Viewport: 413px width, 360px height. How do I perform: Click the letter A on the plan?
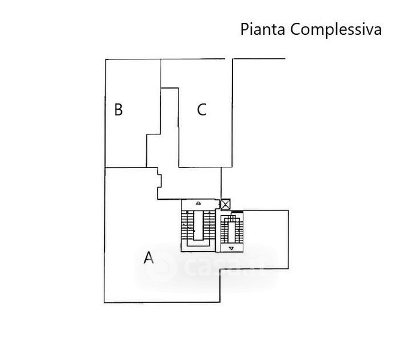point(149,257)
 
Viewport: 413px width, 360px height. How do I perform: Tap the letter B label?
point(119,109)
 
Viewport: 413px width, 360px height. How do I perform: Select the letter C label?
point(202,109)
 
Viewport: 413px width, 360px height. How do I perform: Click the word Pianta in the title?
point(263,29)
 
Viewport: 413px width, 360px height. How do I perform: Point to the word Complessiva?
point(336,29)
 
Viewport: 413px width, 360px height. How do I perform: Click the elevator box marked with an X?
point(225,205)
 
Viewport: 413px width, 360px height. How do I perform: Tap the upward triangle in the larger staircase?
point(198,203)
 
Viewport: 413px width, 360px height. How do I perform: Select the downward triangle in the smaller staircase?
point(231,248)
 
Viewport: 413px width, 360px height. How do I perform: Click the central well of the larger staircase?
point(198,225)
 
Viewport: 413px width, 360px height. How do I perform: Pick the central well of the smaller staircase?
point(231,232)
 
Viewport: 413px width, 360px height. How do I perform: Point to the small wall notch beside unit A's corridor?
point(159,181)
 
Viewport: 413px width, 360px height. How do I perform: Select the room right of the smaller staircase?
point(266,239)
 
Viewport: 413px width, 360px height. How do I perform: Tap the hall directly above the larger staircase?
point(189,183)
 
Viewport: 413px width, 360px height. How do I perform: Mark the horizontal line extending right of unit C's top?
point(260,59)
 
